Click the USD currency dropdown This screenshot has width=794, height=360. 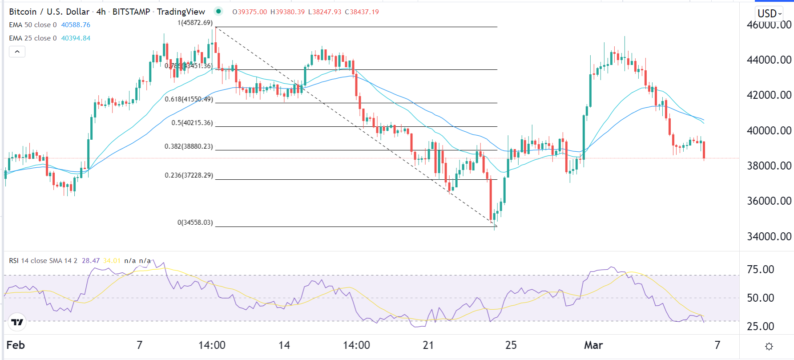[770, 13]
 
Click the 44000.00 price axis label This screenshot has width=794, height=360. [769, 60]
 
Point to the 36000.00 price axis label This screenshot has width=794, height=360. [769, 201]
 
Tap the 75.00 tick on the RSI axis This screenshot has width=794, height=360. [760, 269]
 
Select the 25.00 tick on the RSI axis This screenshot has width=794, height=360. [760, 326]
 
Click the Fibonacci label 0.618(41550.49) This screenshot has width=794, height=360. [189, 99]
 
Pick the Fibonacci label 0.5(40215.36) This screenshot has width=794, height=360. [192, 123]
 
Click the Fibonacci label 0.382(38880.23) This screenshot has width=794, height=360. [189, 146]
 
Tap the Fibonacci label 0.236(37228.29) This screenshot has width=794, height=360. [189, 175]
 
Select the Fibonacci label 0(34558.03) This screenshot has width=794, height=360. [195, 222]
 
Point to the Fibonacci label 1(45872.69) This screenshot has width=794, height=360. [195, 23]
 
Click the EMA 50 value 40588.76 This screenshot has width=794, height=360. [76, 25]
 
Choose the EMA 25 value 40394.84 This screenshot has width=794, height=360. [76, 38]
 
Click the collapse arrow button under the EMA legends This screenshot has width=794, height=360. [17, 52]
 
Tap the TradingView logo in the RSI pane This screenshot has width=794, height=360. [17, 322]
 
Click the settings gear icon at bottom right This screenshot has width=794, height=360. [769, 346]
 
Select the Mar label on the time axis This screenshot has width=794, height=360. [593, 345]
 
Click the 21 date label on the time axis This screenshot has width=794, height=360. [428, 345]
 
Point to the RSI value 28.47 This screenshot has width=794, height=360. [91, 261]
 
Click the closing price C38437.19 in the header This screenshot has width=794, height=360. [362, 12]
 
